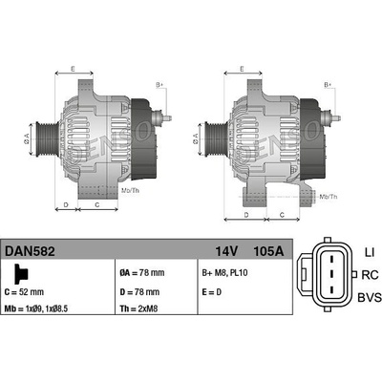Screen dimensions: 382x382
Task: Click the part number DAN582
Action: [x=30, y=251]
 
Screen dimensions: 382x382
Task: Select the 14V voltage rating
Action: [x=226, y=251]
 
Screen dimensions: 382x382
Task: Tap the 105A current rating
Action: [x=268, y=251]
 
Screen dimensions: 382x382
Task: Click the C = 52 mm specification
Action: [x=24, y=292]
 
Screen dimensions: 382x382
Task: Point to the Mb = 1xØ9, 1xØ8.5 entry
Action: [x=36, y=308]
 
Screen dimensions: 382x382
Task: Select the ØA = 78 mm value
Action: [x=142, y=273]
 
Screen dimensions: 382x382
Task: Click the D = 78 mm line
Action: [x=139, y=292]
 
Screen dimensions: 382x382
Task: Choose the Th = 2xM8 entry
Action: [x=138, y=308]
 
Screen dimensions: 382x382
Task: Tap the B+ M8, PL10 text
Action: [x=224, y=273]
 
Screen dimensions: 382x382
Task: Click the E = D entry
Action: [x=212, y=292]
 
